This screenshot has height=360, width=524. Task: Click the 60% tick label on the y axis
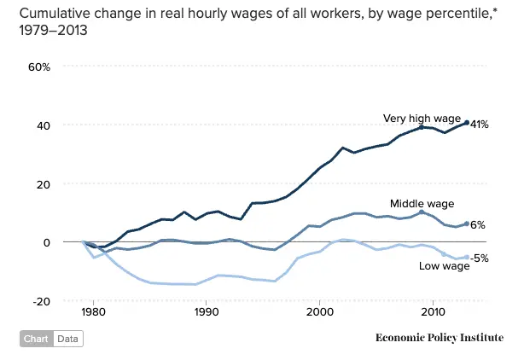(39, 67)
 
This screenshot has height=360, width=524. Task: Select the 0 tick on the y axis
(48, 242)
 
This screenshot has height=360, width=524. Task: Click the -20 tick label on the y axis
(41, 300)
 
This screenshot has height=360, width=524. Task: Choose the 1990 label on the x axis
(206, 313)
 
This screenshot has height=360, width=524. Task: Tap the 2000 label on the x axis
(319, 313)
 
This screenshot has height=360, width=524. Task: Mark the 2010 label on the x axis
(433, 313)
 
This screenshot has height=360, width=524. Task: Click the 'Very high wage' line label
(422, 119)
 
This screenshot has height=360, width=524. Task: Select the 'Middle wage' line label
(422, 204)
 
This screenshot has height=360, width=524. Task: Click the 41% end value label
(479, 125)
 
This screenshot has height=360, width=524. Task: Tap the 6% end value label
(478, 225)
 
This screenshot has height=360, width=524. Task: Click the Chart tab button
(36, 339)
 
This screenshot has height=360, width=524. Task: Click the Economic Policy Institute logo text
(439, 338)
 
